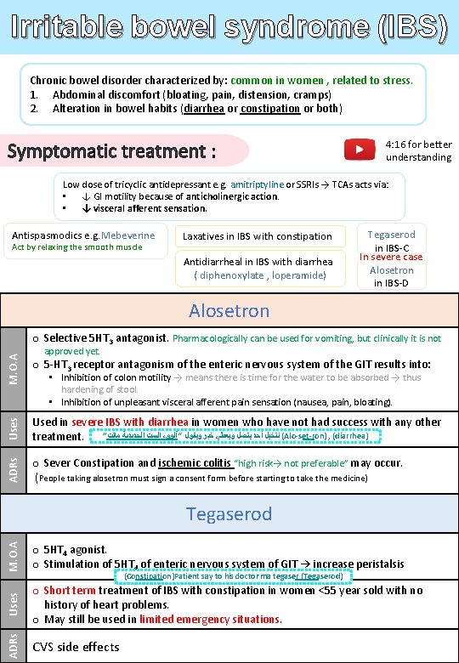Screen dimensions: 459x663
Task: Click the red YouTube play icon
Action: point(359,150)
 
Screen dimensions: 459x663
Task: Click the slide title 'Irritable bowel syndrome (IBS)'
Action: point(229,27)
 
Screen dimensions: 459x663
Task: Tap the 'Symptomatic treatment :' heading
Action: point(111,151)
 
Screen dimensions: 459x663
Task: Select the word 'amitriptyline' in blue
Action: point(254,184)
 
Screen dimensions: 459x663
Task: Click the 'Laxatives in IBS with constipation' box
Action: point(258,236)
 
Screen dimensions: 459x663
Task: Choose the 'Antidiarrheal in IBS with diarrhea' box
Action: point(258,268)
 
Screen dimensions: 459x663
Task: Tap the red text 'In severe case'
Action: point(391,257)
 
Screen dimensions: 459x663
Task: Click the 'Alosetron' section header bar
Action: point(229,311)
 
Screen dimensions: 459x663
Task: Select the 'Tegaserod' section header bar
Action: point(229,514)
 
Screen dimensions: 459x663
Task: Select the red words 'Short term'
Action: point(69,591)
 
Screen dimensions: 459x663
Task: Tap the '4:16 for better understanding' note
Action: point(418,150)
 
